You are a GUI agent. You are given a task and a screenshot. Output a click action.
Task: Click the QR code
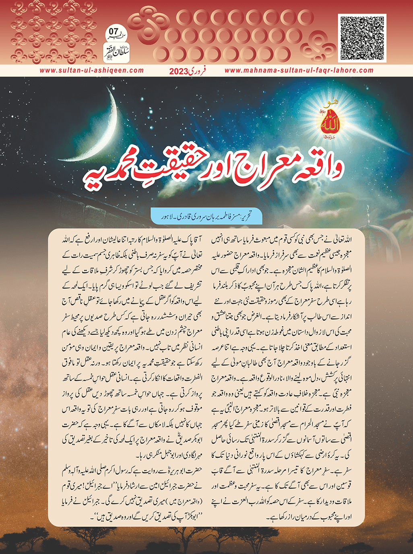(362, 38)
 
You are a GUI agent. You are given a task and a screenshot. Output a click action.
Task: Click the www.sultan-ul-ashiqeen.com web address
(91, 70)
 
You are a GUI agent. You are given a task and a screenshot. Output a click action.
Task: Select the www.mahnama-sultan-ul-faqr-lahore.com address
(299, 70)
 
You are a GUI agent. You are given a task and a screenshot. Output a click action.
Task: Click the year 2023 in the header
(178, 71)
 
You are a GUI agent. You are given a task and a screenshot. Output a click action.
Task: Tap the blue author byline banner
(206, 216)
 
